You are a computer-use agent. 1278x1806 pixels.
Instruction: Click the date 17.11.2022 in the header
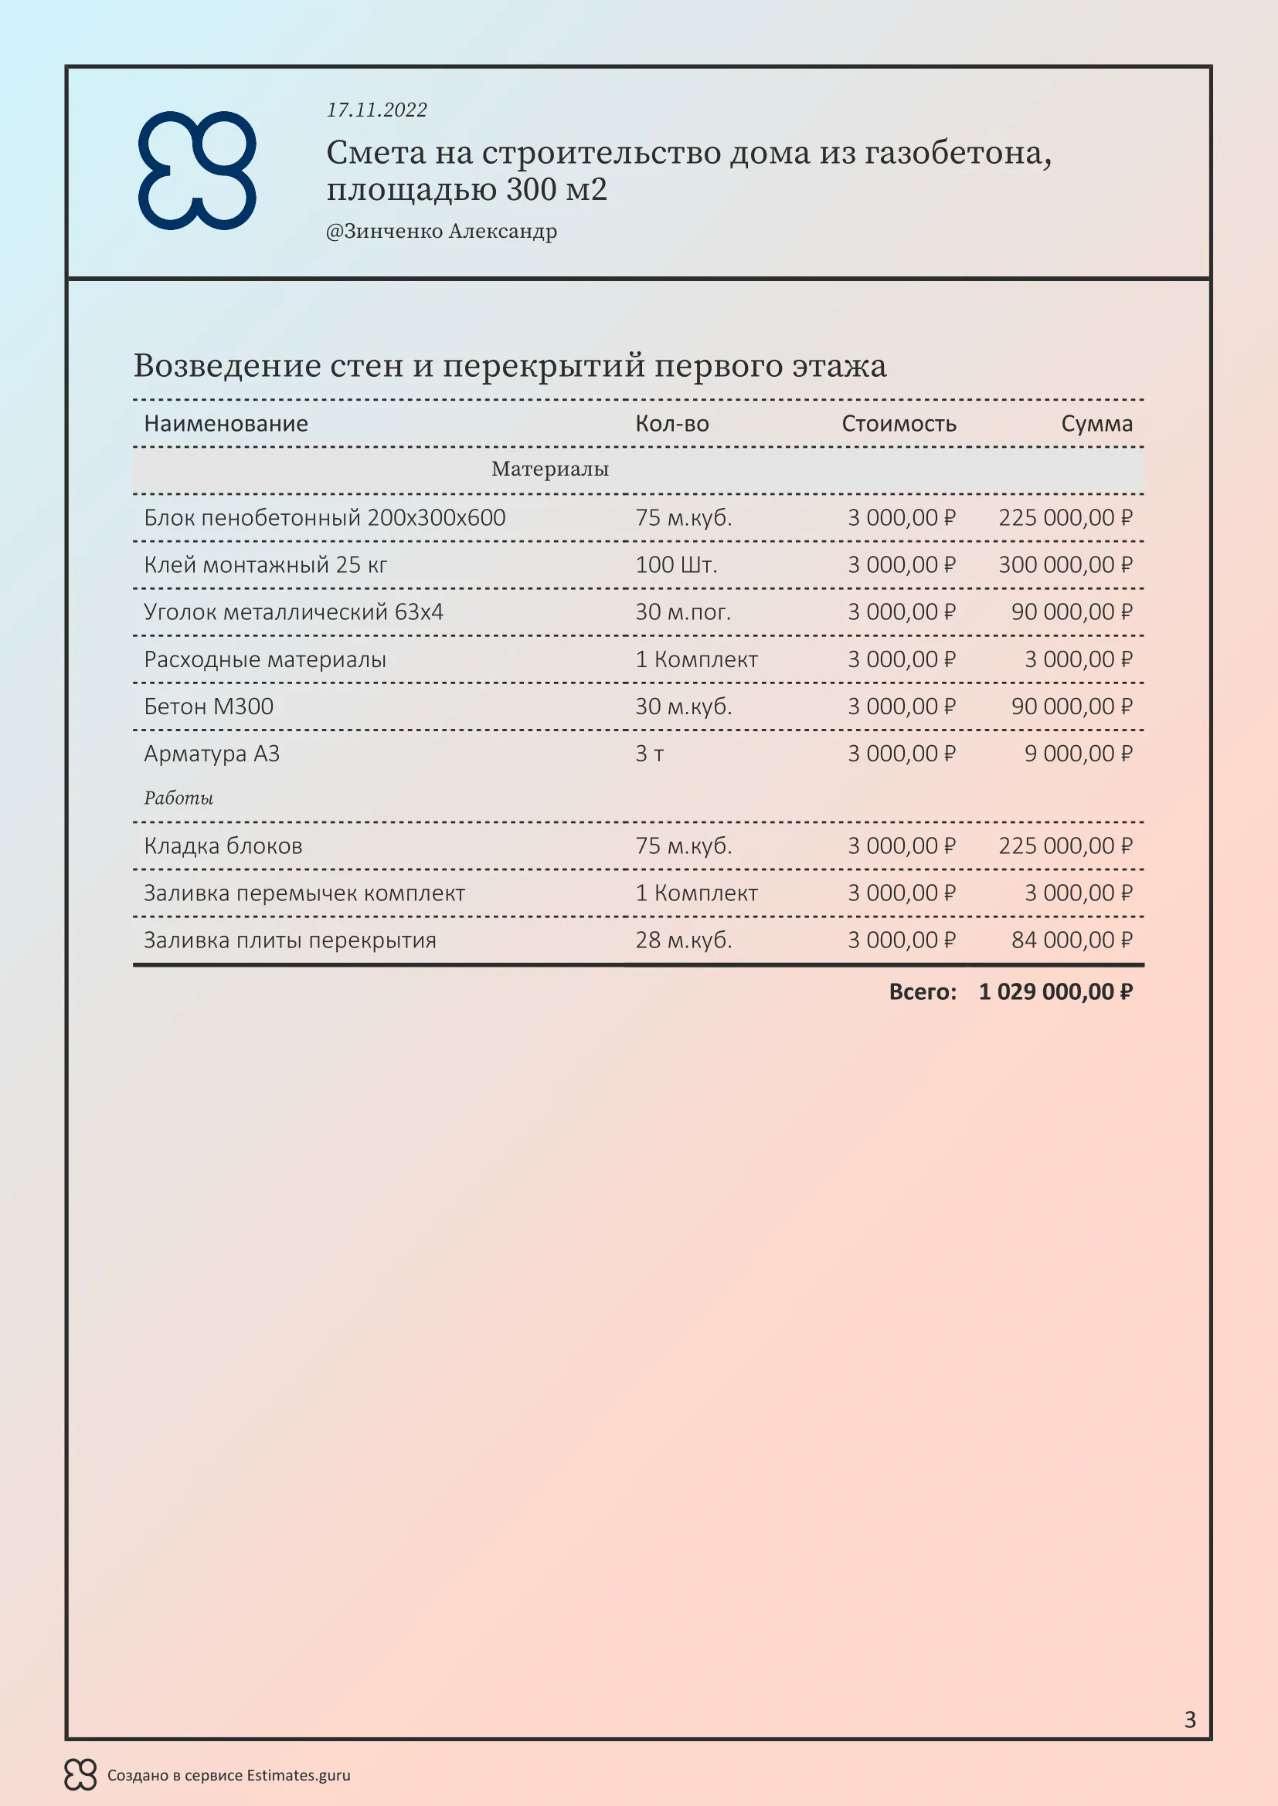[x=376, y=110]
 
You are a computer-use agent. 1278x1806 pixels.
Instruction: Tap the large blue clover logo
[x=198, y=171]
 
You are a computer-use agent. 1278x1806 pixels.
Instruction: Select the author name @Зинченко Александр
[x=440, y=232]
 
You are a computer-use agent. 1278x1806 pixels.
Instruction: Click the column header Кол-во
[x=672, y=424]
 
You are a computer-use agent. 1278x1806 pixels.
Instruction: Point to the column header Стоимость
[x=899, y=424]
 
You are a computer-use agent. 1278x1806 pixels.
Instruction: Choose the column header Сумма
[x=1096, y=424]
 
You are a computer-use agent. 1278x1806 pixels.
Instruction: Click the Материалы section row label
[x=550, y=469]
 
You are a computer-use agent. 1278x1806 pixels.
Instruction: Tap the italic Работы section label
[x=178, y=798]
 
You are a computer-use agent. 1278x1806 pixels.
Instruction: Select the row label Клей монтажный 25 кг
[x=265, y=564]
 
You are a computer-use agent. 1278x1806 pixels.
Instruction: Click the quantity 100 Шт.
[x=676, y=564]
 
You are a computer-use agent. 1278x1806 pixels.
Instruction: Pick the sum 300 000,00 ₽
[x=1065, y=564]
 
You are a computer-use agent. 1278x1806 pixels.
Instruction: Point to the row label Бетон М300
[x=209, y=706]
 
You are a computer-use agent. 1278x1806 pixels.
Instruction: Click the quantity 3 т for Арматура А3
[x=649, y=754]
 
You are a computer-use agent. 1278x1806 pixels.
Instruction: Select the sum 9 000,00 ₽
[x=1077, y=754]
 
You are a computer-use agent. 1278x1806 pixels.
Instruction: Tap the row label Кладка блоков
[x=223, y=846]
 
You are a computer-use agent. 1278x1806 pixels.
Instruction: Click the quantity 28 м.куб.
[x=683, y=940]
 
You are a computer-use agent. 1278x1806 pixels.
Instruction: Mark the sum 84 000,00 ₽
[x=1071, y=940]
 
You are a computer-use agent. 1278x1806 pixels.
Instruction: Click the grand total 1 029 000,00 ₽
[x=1055, y=992]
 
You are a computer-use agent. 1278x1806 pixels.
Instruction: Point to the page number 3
[x=1190, y=1720]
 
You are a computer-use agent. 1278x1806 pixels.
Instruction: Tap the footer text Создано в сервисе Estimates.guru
[x=228, y=1775]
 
